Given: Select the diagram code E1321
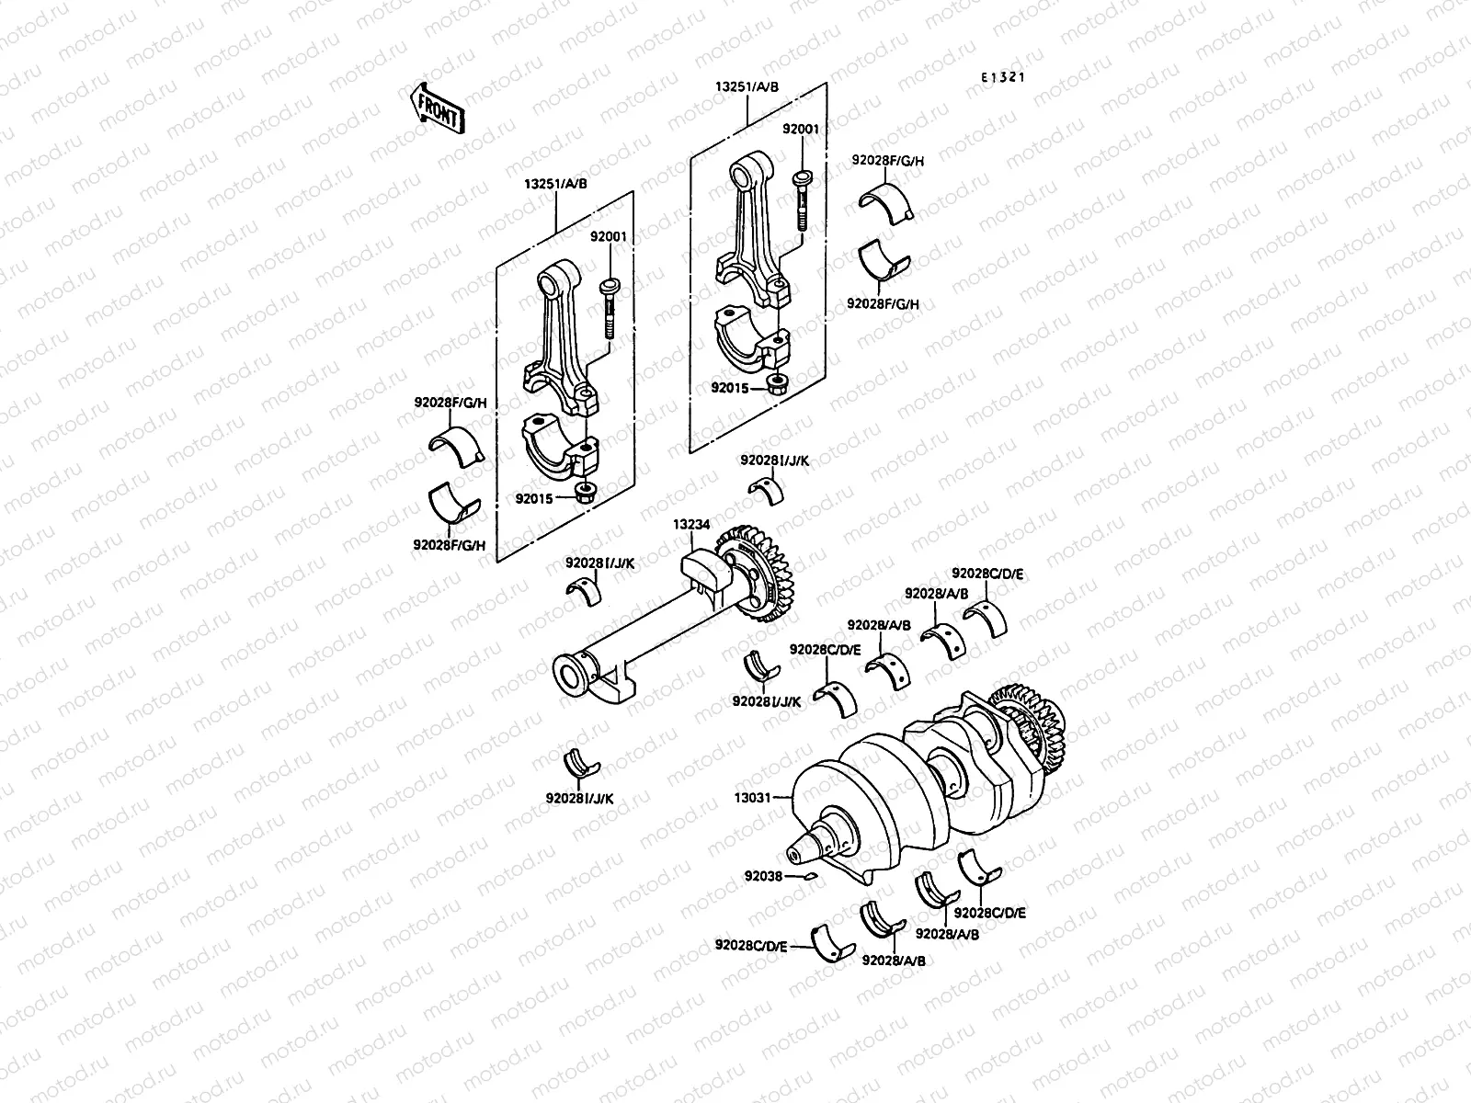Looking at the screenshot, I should click(1001, 78).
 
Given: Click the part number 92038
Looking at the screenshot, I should click(763, 876).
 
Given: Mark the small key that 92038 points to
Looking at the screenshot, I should click(809, 876).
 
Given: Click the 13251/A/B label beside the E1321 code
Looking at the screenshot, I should click(747, 87).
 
